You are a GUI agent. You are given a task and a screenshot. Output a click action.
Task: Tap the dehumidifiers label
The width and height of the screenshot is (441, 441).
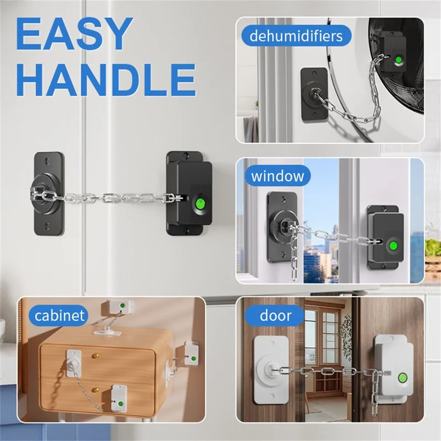pos(296,37)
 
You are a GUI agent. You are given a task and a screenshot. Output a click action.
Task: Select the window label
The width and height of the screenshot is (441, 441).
pos(277,176)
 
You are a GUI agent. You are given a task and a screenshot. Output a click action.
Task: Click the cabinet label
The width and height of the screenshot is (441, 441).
pos(60,315)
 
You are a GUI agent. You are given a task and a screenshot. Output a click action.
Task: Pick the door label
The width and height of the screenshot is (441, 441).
pos(276,316)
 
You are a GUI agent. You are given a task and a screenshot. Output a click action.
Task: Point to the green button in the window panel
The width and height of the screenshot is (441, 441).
pos(394,246)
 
